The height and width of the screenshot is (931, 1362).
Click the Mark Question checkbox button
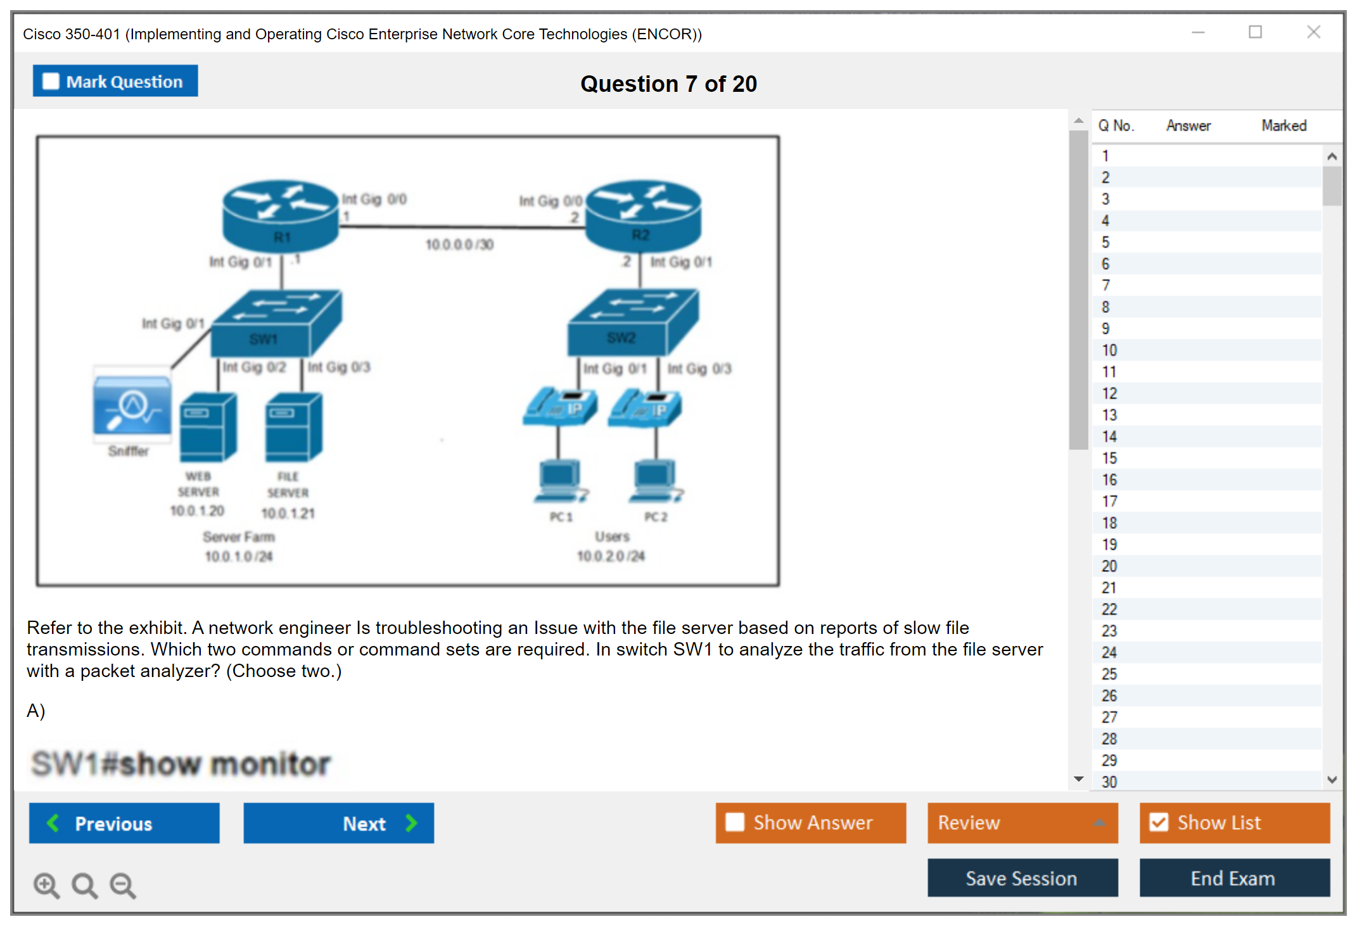(115, 81)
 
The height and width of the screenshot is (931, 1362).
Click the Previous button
(124, 823)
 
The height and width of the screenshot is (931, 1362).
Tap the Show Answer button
(810, 823)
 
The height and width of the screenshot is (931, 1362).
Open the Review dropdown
(1022, 823)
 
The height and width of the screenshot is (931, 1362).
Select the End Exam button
(1233, 878)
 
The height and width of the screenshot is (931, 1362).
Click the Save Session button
(1022, 878)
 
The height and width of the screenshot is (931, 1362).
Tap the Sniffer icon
(132, 405)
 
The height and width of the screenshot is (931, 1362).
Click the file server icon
(293, 427)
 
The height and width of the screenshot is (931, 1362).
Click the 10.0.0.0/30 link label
(459, 244)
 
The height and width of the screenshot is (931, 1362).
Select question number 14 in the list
(1109, 436)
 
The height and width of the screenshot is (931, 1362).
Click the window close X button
(1313, 32)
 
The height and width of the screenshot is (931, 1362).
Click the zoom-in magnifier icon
(46, 885)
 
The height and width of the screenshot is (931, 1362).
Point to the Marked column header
(1283, 125)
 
